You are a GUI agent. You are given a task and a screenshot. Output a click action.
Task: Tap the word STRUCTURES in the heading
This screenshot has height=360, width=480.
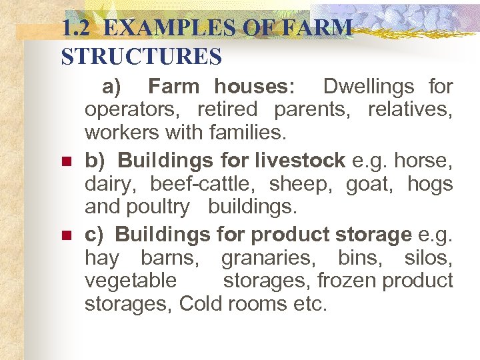tap(141, 57)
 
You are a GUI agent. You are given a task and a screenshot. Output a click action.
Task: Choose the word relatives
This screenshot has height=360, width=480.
tap(411, 109)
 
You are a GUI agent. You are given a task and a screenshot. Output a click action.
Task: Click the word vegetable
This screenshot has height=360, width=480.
tap(131, 281)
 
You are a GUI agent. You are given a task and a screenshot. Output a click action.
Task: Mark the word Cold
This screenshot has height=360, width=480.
tap(201, 305)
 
